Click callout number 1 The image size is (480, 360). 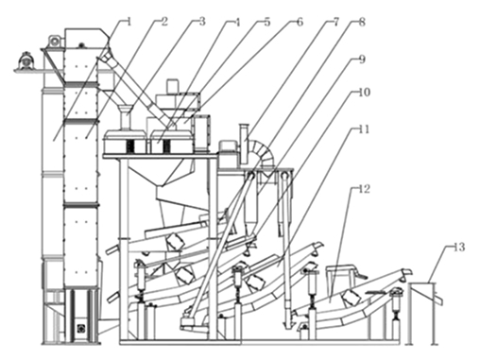click(x=129, y=22)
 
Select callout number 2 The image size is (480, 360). click(x=164, y=22)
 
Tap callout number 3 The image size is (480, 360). click(x=202, y=22)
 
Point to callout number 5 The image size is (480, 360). click(x=266, y=22)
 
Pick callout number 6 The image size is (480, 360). click(x=300, y=22)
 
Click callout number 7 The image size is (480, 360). click(x=335, y=22)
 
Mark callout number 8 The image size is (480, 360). click(x=362, y=22)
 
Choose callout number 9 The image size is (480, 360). click(x=362, y=60)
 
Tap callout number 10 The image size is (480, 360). click(x=365, y=93)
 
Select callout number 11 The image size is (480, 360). click(x=364, y=129)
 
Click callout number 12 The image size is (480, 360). click(x=365, y=189)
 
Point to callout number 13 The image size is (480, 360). click(x=459, y=248)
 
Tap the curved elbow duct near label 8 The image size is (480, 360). click(x=263, y=153)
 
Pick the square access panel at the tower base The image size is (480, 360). click(x=81, y=329)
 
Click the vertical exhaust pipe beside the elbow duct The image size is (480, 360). click(x=245, y=145)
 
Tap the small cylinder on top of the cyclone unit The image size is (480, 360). click(x=173, y=86)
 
